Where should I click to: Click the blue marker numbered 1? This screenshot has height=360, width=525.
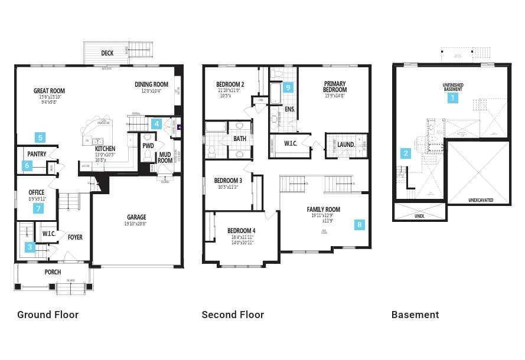coord(453,98)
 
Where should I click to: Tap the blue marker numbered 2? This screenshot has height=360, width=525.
coord(406,154)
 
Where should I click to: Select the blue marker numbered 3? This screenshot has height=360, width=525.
coord(30,247)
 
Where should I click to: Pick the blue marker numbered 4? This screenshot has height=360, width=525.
coord(156,123)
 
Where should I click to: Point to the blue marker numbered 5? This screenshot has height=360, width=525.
coord(40,138)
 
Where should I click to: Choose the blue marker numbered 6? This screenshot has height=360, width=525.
coord(28,166)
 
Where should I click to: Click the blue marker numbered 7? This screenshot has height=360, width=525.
coord(39,208)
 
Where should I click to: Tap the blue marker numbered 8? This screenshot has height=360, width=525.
coord(360,224)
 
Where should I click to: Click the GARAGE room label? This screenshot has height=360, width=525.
coord(136,217)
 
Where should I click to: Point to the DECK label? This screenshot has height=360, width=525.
coord(107,53)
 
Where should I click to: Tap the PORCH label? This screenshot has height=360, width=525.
coord(53,272)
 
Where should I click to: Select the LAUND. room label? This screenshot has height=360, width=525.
coord(345,144)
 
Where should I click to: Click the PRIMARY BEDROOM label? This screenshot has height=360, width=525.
coord(335,87)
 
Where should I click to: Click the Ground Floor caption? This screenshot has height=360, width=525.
coord(48,315)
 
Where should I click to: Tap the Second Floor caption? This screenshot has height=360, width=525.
coord(233,315)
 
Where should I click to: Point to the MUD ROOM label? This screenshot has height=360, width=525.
coord(165,157)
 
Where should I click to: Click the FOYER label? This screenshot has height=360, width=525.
coord(75,237)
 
